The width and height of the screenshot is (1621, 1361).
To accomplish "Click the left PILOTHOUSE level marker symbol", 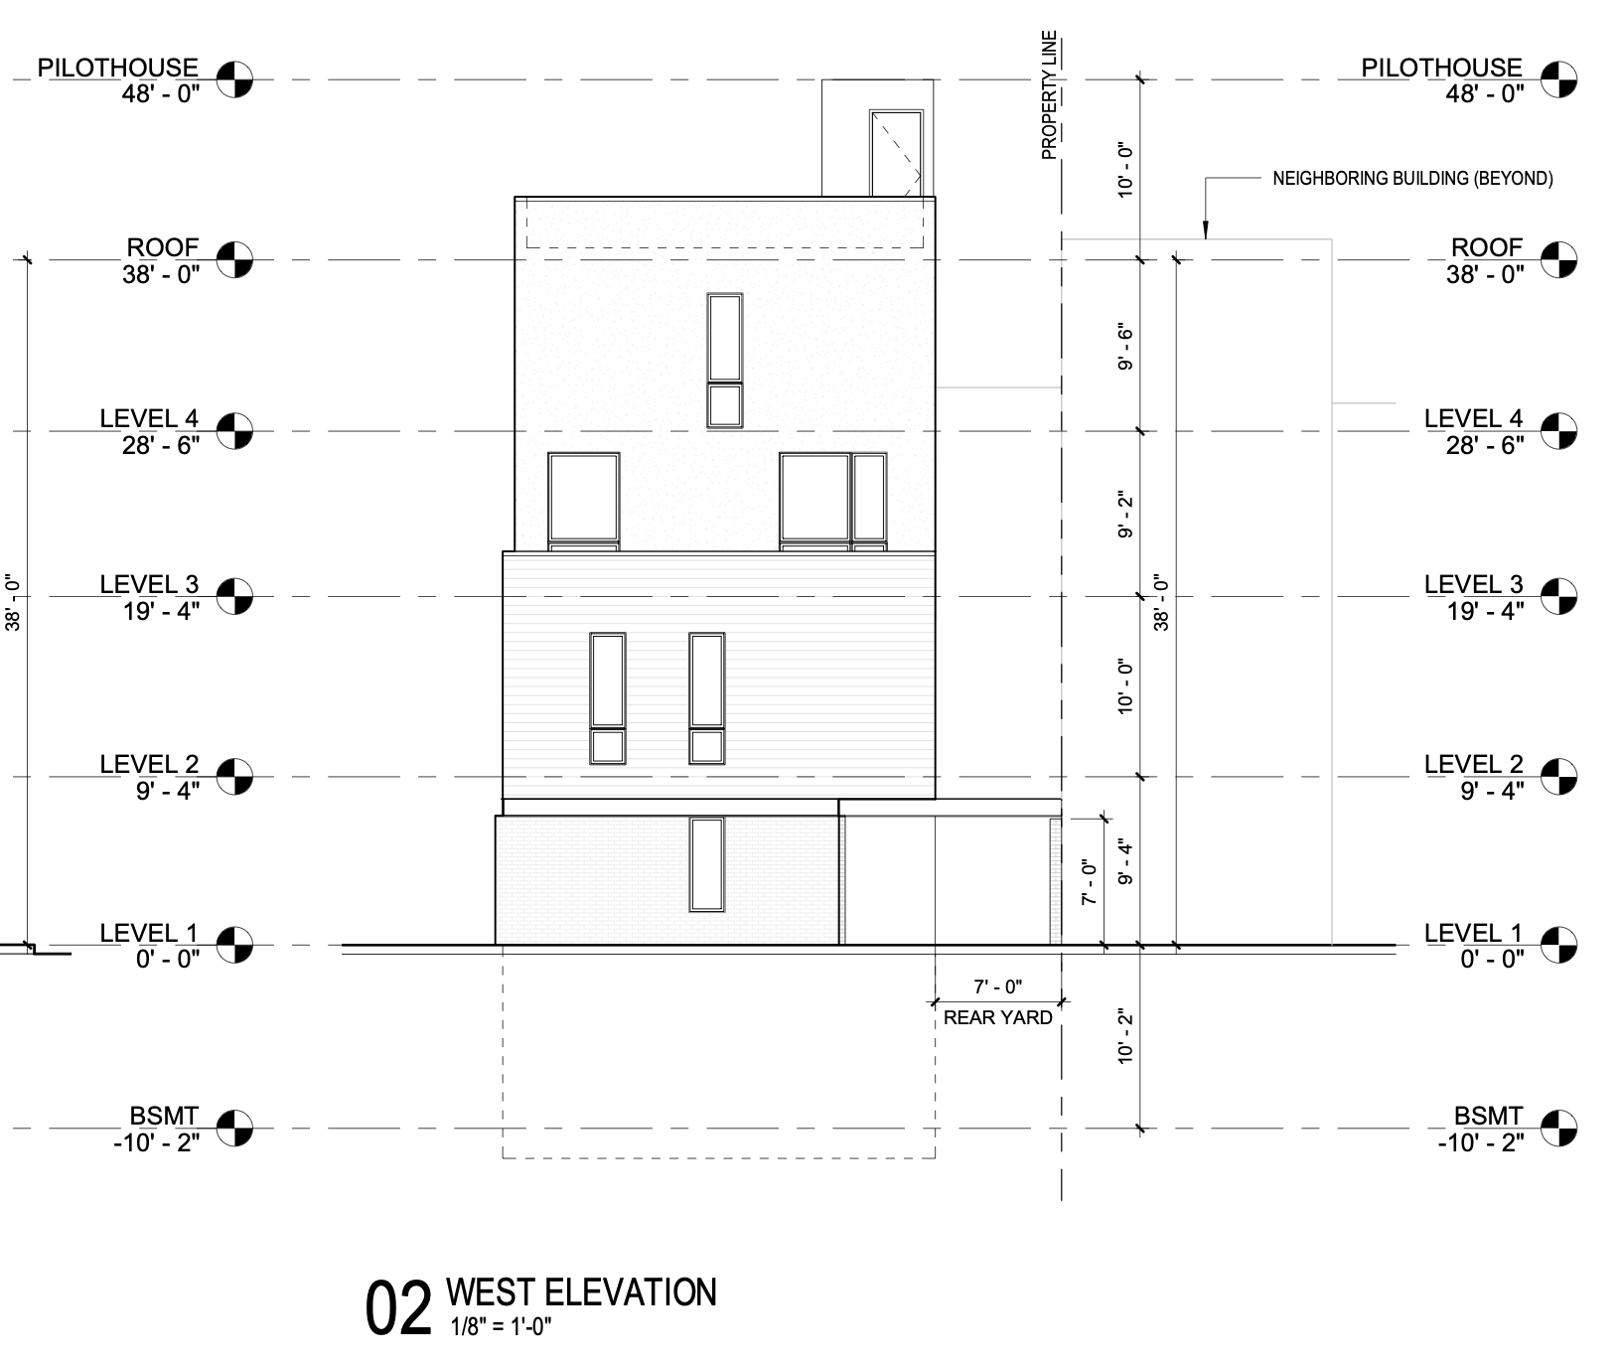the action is pos(235,77).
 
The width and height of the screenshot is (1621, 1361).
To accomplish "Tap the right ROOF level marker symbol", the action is pos(1558,259).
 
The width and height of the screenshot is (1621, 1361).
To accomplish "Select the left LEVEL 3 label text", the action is pos(149,585).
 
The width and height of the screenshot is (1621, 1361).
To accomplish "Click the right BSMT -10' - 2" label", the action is pos(1480,1129).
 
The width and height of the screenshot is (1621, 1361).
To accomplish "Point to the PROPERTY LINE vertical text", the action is pos(1050,95).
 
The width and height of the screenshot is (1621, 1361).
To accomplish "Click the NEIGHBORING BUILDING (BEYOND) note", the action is pos(1412,179).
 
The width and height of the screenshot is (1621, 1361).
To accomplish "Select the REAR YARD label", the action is pos(997,1017).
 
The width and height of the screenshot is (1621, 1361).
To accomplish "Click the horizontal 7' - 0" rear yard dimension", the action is pos(997,986).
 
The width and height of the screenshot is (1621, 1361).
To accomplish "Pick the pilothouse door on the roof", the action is pos(895,154).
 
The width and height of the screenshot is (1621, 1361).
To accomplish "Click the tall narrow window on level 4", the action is pos(724,338).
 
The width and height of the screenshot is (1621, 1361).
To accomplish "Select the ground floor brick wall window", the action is pos(706,864).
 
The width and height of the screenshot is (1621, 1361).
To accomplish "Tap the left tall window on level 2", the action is pos(607,680).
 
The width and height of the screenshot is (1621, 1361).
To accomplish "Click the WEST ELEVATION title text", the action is pos(581,1292).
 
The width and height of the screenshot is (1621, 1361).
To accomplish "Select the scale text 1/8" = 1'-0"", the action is pos(500,1326).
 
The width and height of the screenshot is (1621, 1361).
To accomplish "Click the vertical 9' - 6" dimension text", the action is pos(1125,347).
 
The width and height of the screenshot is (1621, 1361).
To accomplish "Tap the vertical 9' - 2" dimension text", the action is pos(1125,515).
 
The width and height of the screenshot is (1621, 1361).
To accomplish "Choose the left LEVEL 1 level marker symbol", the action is pos(235,944).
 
